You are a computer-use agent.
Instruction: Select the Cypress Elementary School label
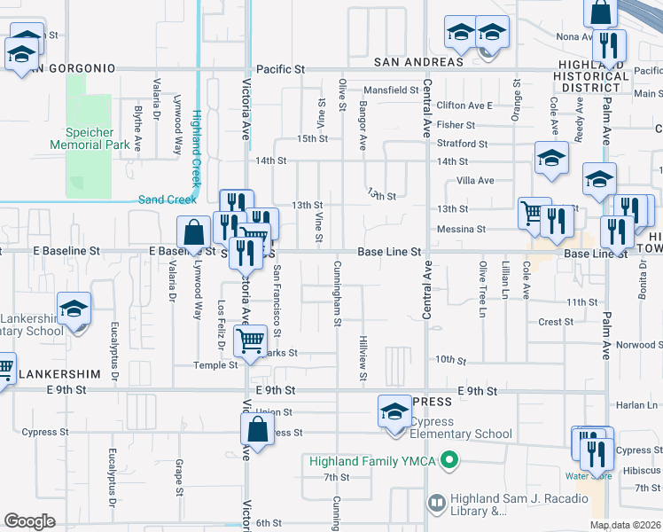point(460,434)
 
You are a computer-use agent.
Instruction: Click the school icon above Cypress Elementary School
point(394,412)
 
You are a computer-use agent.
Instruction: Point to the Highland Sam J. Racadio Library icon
point(435,504)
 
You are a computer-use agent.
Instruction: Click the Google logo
point(29,520)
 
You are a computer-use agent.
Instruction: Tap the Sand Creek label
point(168,199)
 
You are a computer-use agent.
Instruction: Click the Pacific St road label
point(280,68)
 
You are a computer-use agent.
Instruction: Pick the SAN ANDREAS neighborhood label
point(418,62)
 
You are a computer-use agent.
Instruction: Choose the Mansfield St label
point(391,90)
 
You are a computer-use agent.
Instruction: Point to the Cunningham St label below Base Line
point(338,293)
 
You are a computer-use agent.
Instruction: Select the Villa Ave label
point(474,180)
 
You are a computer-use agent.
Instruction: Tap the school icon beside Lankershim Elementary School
point(74,310)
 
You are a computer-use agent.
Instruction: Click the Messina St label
point(461,229)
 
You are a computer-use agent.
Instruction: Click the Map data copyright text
point(625,525)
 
